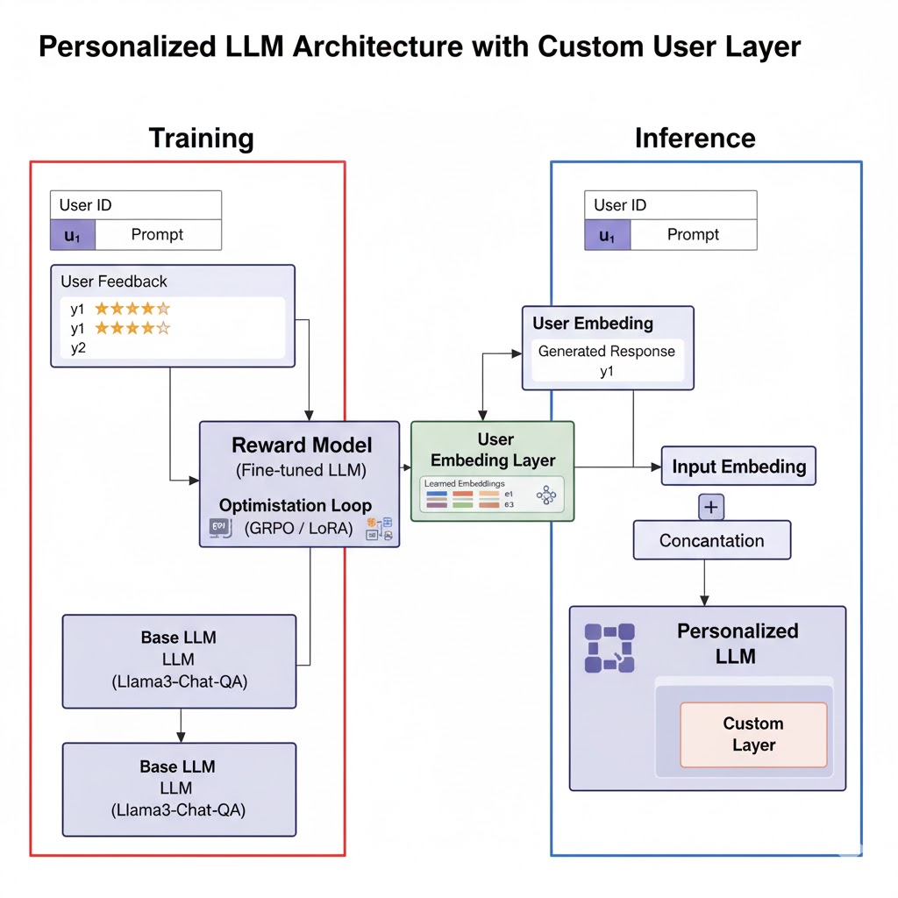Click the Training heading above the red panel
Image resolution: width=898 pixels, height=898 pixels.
pos(201,139)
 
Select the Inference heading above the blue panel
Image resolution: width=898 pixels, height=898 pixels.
pos(695,139)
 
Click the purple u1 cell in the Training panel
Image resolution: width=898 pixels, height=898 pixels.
pos(72,235)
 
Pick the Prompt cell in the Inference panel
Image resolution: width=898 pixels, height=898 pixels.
pos(693,235)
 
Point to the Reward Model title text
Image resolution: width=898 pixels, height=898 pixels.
pos(301,445)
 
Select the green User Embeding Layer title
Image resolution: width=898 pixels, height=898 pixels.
pos(493,449)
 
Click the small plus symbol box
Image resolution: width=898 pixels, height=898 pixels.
pos(710,507)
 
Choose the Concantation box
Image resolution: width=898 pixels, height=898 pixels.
pos(711,540)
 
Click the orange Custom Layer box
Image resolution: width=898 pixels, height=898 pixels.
pos(753,735)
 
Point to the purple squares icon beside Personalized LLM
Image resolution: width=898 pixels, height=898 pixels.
pos(609,648)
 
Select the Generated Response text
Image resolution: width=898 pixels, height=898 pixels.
pos(607,352)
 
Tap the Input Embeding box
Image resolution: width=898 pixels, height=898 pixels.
pos(738,467)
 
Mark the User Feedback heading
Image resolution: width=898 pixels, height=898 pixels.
pos(114,282)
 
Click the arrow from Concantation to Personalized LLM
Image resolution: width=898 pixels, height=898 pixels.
pos(704,582)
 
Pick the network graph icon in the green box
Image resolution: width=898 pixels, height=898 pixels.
pos(546,495)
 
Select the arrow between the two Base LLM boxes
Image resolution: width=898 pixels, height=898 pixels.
pos(180,725)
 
